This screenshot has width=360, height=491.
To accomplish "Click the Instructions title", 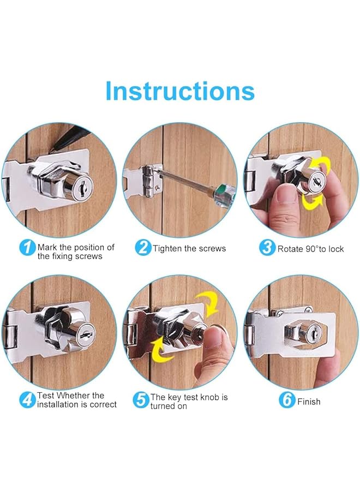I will tap(179, 91).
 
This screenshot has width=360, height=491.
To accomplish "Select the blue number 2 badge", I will tap(143, 248).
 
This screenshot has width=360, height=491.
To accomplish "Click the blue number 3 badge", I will tap(267, 248).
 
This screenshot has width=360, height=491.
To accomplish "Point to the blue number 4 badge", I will tap(27, 400).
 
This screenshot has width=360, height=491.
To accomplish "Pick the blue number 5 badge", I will tap(141, 400).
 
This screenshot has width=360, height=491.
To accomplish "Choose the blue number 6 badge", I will tap(287, 400).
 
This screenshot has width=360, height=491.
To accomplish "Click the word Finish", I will tap(309, 402).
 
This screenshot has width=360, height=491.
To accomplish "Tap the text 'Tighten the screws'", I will tap(189, 248).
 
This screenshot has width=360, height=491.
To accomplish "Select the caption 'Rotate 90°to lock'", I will tap(311, 249).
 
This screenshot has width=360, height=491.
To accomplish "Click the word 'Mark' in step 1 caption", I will tap(47, 247).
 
